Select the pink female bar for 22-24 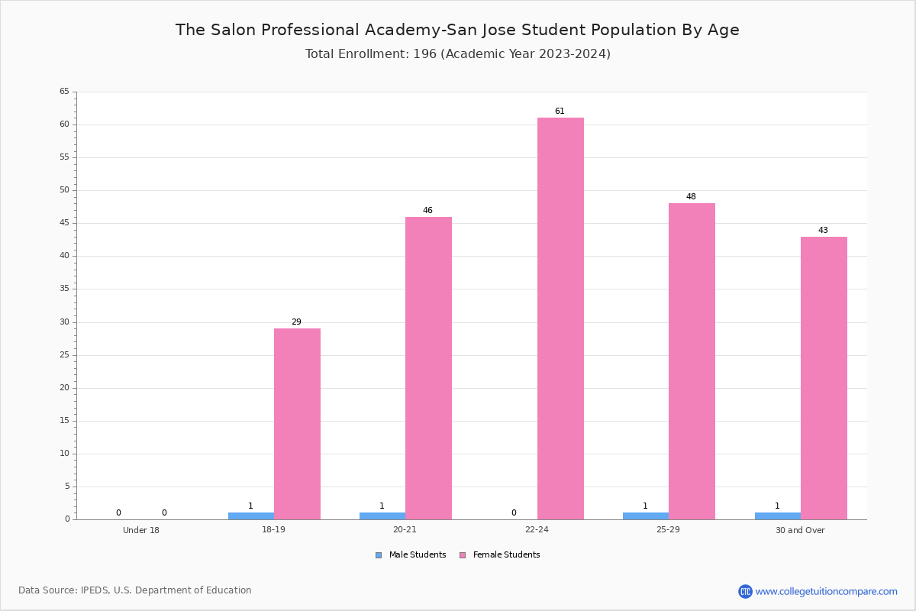pos(560,318)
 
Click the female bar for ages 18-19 pos(297,424)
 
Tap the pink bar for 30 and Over pos(824,378)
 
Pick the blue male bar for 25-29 pos(646,516)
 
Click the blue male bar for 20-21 pos(382,516)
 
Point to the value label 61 pos(560,111)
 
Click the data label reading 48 pos(691,196)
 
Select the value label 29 pos(296,322)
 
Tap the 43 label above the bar pos(823,230)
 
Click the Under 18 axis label pos(141,530)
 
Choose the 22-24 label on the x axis pos(537,529)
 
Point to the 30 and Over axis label pos(800,530)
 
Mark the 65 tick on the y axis pos(65,91)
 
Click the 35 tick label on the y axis pos(65,289)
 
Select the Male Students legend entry pos(411,555)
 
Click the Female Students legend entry pos(500,555)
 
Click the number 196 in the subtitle pos(424,53)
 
